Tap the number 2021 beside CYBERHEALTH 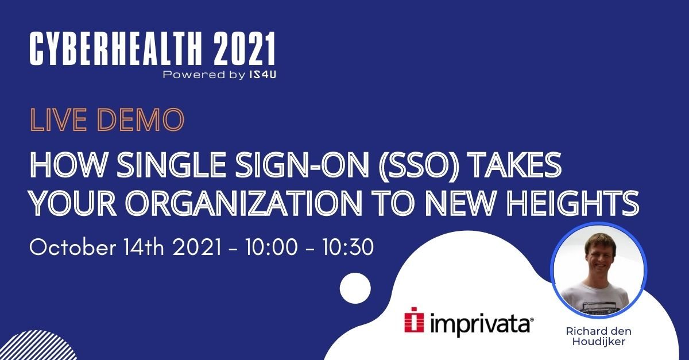pos(244,49)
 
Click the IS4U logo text pos(262,75)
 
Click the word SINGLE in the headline pos(172,165)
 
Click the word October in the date pos(73,247)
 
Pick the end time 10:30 pos(348,247)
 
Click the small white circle pos(355,288)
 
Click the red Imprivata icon pos(414,320)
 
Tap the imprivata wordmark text pos(481,323)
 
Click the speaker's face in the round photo pos(601,256)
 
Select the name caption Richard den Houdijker pos(598,336)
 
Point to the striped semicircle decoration pos(40,346)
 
